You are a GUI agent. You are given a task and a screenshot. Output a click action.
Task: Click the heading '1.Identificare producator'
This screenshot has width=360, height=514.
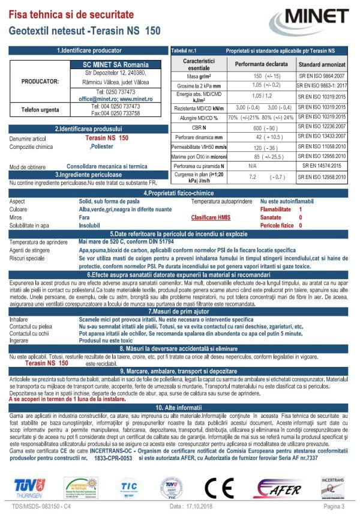[89, 51]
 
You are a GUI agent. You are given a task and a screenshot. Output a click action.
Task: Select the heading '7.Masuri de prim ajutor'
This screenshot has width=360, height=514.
[179, 312]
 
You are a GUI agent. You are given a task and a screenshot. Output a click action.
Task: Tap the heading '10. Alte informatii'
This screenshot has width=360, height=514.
[179, 407]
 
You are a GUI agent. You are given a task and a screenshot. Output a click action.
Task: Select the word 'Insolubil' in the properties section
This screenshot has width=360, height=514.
[92, 226]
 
